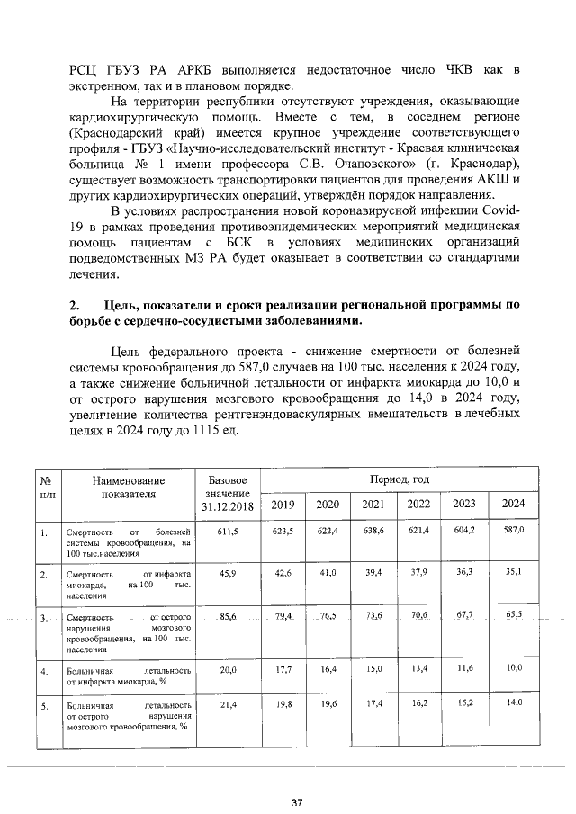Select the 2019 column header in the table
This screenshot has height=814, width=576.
tap(283, 504)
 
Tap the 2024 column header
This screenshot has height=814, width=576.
tap(514, 504)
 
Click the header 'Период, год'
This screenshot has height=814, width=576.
tap(398, 479)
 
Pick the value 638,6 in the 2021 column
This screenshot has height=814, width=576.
tap(373, 532)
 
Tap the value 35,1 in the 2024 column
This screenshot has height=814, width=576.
tap(514, 571)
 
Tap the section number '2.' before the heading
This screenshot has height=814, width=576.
tap(76, 306)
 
